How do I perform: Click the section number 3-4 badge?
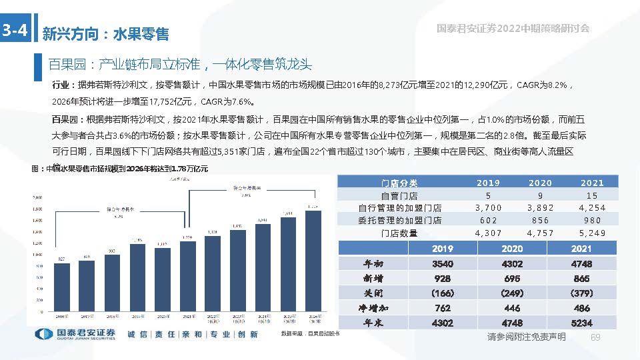[x=15, y=30]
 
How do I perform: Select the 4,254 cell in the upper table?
[x=592, y=208]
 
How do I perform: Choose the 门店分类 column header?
[x=399, y=183]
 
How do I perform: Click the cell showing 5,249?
[x=592, y=233]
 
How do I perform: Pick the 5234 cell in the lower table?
[x=581, y=323]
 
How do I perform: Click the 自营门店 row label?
[x=399, y=195]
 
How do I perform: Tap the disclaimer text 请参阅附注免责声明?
[x=527, y=337]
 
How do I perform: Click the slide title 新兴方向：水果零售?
[x=105, y=33]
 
